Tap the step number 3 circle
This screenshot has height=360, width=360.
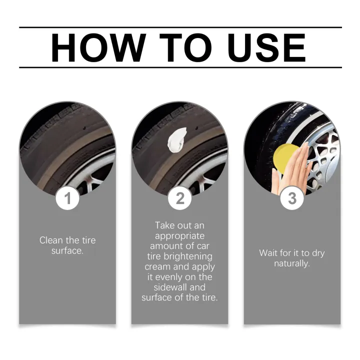pyautogui.click(x=292, y=198)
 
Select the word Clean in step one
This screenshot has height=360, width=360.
pyautogui.click(x=50, y=240)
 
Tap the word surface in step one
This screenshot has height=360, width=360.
pyautogui.click(x=67, y=250)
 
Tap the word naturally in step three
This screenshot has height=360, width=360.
pyautogui.click(x=291, y=263)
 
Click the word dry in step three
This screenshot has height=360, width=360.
pyautogui.click(x=316, y=253)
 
